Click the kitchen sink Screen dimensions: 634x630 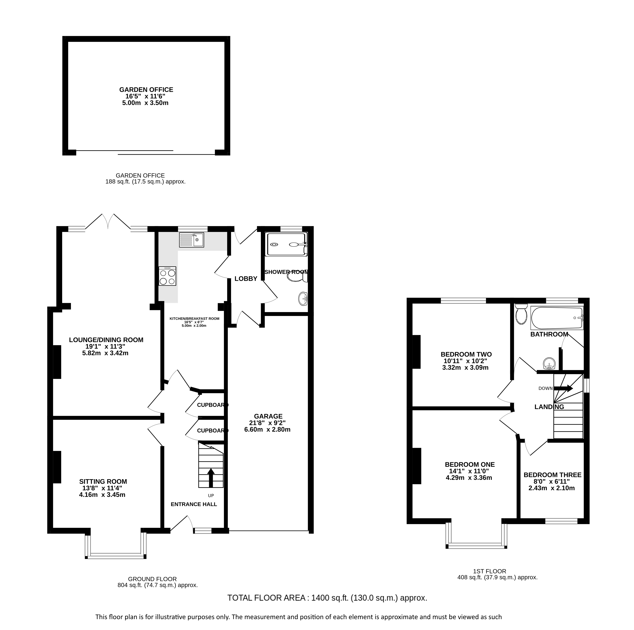click(x=192, y=240)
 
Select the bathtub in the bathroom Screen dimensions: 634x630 click(x=557, y=318)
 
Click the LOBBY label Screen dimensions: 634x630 click(x=246, y=279)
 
